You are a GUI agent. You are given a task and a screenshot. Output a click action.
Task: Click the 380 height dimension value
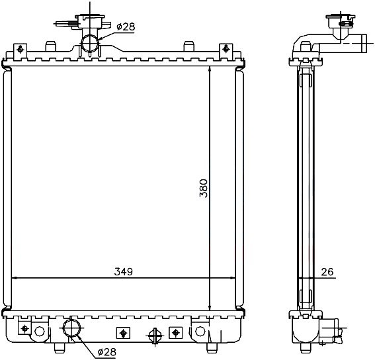click(204, 188)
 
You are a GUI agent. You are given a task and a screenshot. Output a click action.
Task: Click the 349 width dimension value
click(124, 272)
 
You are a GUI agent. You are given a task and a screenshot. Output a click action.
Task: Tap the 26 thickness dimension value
click(327, 272)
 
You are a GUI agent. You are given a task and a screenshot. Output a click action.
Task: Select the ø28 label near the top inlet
click(126, 27)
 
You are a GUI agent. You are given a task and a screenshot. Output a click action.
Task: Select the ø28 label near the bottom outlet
click(107, 352)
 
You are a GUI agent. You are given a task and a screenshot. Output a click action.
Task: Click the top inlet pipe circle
click(90, 43)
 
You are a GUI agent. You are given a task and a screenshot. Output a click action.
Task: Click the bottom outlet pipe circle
click(71, 328)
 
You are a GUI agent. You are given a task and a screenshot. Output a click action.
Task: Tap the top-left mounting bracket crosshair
click(20, 50)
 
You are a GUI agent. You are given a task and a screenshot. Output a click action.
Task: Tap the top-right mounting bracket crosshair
click(226, 49)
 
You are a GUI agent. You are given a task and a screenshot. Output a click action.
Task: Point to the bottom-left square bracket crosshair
click(25, 328)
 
